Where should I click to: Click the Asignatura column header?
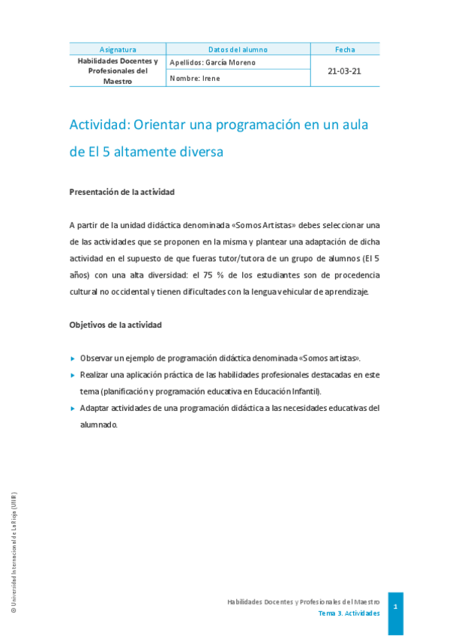tap(118, 49)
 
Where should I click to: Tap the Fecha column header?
tap(345, 49)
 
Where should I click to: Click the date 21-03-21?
tap(345, 70)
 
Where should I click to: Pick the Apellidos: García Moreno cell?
tap(213, 62)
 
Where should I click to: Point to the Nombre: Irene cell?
tap(195, 78)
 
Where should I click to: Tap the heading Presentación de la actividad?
tap(121, 192)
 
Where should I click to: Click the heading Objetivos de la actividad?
tap(115, 325)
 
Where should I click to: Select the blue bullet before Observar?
tap(73, 358)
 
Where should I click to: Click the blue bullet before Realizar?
tap(73, 374)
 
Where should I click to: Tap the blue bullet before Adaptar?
tap(73, 408)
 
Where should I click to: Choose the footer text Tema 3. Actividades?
tap(349, 613)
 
